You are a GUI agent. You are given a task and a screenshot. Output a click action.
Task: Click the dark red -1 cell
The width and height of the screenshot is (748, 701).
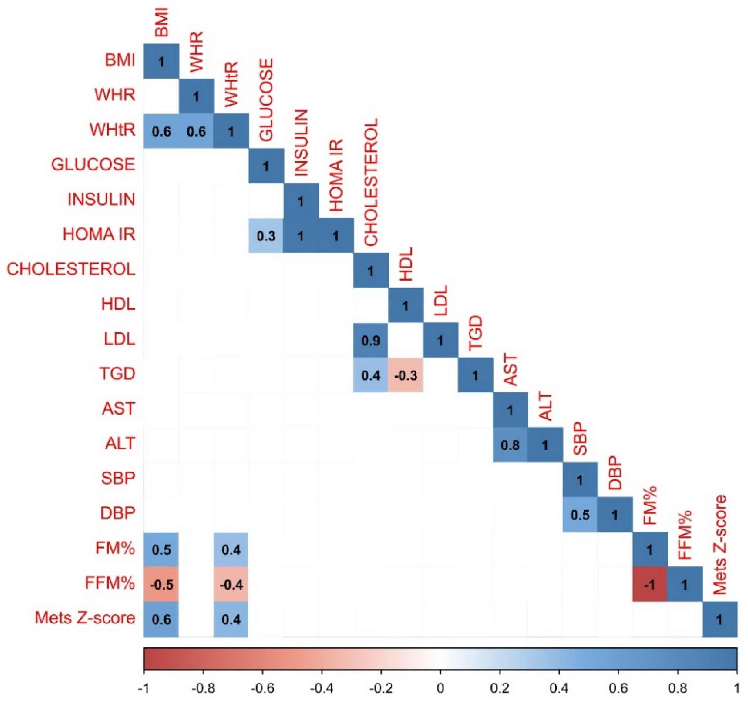click(x=650, y=584)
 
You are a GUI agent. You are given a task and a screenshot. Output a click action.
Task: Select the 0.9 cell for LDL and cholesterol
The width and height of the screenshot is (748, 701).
click(x=371, y=340)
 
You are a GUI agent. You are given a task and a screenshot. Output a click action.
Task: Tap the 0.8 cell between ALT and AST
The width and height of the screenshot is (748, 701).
click(x=510, y=445)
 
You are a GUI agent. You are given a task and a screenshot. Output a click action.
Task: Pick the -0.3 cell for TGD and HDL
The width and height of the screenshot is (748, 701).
click(x=405, y=375)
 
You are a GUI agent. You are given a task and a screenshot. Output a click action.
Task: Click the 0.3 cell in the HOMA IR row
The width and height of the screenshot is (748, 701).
click(x=266, y=236)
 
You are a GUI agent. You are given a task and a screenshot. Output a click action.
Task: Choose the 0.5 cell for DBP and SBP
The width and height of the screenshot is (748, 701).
click(x=580, y=514)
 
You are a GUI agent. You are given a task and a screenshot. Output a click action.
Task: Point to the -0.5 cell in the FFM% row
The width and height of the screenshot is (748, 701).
click(x=162, y=584)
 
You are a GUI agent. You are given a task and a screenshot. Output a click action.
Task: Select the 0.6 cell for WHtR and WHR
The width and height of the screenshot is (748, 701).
click(x=197, y=131)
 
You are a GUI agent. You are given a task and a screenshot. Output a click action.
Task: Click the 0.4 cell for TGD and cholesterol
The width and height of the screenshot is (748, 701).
click(x=371, y=375)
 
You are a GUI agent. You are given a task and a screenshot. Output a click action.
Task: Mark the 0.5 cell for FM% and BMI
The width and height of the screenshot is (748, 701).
click(x=162, y=549)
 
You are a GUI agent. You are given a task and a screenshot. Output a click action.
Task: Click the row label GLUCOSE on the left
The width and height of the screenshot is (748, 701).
click(x=93, y=164)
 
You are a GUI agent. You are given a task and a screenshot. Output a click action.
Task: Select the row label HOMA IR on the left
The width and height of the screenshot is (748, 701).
click(x=99, y=234)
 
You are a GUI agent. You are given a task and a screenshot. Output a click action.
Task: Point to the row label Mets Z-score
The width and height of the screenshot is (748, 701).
click(x=85, y=618)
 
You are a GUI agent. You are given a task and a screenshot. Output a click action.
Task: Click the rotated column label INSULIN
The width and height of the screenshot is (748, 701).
click(x=301, y=143)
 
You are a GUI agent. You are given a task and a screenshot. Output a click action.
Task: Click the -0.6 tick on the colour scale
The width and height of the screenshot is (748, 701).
click(x=262, y=689)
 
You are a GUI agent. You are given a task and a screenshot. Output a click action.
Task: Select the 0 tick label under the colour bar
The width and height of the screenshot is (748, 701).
click(x=440, y=689)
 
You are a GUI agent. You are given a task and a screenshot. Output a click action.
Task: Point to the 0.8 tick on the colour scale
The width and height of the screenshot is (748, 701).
click(x=678, y=689)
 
